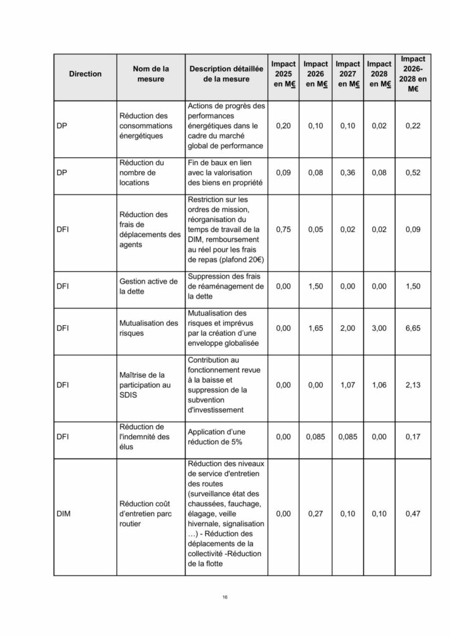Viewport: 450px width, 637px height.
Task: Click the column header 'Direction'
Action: pos(85,74)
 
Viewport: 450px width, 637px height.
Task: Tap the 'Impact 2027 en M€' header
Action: pos(347,74)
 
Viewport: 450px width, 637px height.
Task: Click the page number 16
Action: pos(225,598)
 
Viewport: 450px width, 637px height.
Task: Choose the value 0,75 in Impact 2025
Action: pos(283,230)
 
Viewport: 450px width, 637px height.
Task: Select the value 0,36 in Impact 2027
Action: pos(347,173)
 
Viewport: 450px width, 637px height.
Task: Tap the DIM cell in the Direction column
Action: pos(63,514)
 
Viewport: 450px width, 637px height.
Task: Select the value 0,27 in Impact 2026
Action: pos(315,514)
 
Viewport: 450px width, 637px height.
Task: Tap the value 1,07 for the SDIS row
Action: pos(347,385)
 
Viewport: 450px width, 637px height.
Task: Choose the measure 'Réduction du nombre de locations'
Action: pos(142,173)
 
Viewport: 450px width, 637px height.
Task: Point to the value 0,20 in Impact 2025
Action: pos(283,126)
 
